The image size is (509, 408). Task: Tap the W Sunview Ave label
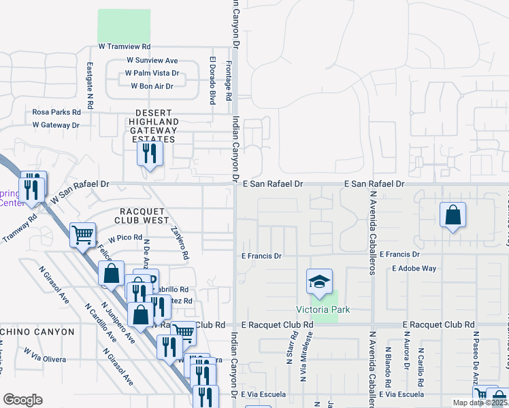pos(152,61)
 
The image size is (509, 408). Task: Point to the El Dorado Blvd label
pos(212,80)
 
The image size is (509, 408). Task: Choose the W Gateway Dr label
pos(56,125)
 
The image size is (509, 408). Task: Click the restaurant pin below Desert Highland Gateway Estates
pos(150,153)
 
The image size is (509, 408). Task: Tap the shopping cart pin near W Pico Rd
pos(83,235)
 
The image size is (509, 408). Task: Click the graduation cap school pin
pos(320,281)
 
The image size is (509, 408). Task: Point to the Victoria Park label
pos(323,310)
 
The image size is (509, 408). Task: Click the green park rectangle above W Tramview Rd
pos(124,27)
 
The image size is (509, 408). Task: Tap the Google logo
pos(22,399)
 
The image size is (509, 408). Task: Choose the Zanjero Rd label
pos(180,243)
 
